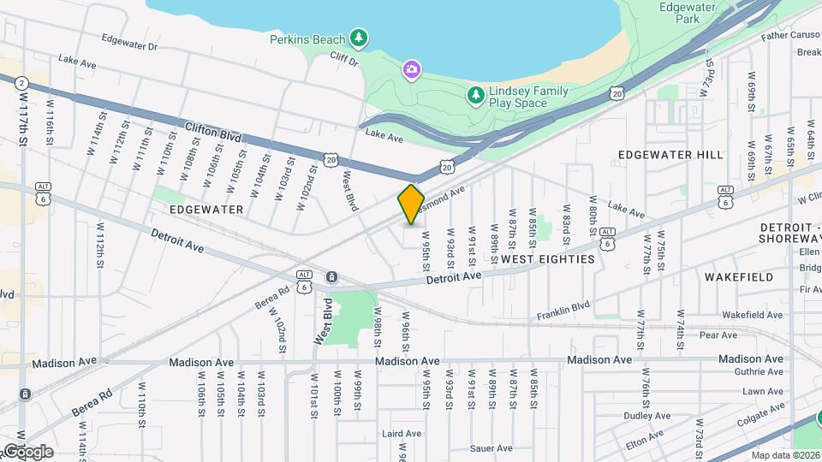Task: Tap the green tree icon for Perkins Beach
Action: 360,38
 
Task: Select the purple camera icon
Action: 412,68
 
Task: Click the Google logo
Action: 27,451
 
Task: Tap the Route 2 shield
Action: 21,83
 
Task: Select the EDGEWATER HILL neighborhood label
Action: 670,155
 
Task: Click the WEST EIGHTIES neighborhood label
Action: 547,258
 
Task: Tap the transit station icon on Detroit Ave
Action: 331,276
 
